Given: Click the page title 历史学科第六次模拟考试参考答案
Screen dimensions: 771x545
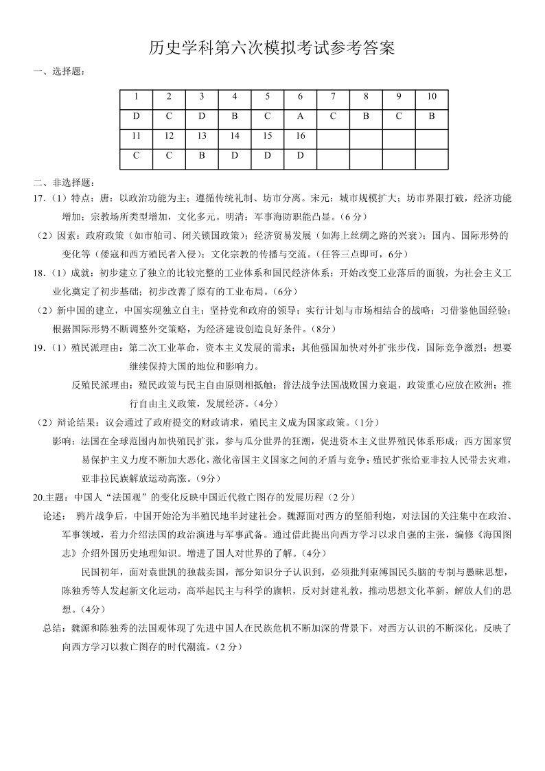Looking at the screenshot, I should [x=272, y=49].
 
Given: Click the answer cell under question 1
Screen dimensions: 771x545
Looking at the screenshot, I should [x=136, y=116].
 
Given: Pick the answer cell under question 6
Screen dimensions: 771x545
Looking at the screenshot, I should [x=301, y=116].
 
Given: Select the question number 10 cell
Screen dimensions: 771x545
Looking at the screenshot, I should [x=432, y=97].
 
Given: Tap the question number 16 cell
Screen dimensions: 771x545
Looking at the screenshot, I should [x=301, y=136].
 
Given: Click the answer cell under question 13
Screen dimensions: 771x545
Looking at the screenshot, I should [x=202, y=156].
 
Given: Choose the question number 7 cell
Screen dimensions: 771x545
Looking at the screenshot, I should [x=333, y=97].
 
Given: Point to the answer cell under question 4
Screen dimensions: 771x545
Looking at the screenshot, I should [x=235, y=116].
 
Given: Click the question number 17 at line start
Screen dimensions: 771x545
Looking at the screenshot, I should [x=38, y=198].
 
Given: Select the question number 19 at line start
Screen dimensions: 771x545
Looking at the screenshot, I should [x=38, y=347].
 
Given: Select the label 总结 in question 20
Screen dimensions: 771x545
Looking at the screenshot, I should [x=52, y=628].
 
